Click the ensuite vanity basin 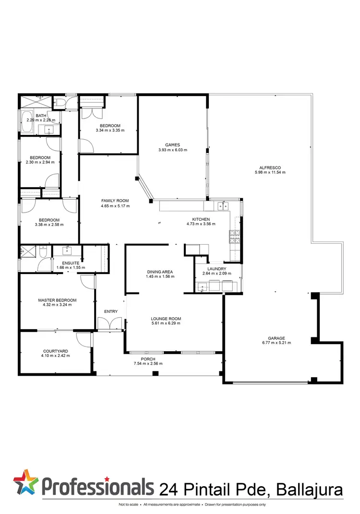pos(67,250)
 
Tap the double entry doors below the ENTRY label pos(110,324)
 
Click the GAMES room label pos(172,144)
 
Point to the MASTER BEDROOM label pos(57,300)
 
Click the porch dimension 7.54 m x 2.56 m pos(148,363)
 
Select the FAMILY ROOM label pos(115,201)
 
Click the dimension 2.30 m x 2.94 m pos(40,162)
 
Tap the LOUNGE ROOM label pos(166,319)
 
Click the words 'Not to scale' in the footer pos(129,504)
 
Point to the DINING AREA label pos(160,272)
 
